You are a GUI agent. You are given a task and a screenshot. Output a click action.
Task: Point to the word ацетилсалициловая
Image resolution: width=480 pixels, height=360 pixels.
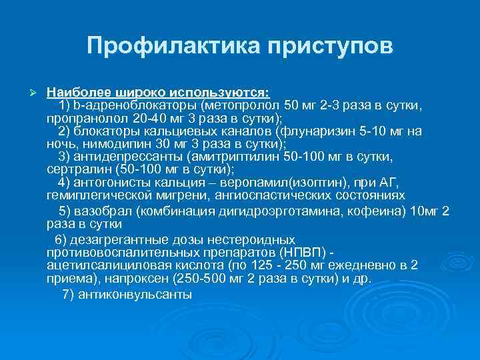tap(99, 265)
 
